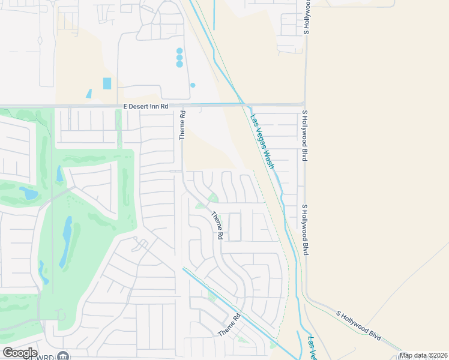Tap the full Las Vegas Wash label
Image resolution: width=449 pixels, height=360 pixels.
coord(262,142)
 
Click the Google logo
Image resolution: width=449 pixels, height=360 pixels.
coord(20,353)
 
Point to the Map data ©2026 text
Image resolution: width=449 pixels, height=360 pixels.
coord(423,355)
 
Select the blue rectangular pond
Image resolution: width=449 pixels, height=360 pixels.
coord(107,83)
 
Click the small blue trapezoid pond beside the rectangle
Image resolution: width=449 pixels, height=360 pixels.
coord(89,94)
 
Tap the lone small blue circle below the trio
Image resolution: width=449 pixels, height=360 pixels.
coord(193,85)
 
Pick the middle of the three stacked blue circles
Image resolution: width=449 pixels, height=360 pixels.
coord(179,58)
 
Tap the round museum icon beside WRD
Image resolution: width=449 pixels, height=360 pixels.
coord(64,356)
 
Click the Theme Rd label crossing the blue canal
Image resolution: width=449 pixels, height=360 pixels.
coord(229,325)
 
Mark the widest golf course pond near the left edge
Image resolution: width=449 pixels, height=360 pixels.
coord(28,193)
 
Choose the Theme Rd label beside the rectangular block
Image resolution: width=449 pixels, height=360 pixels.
coord(216,226)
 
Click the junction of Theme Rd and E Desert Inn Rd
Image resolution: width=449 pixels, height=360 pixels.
coord(182,105)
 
